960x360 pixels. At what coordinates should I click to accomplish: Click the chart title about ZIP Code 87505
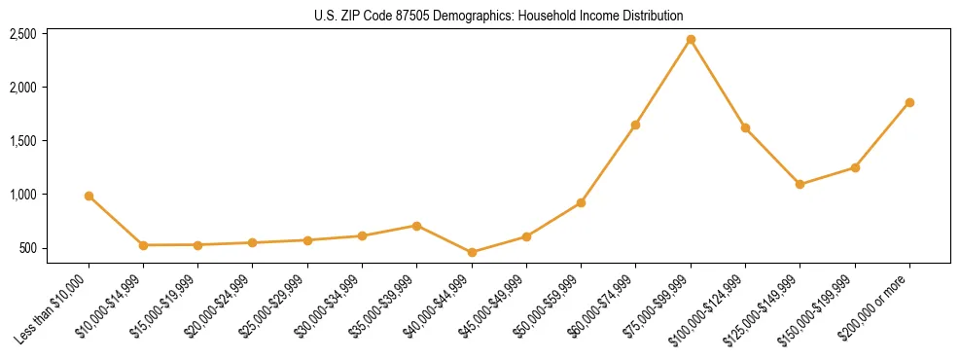coord(499,16)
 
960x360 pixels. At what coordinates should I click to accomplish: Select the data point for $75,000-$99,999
coord(691,40)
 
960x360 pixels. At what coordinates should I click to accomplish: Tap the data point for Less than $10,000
coord(89,196)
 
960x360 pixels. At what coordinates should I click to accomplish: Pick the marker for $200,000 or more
coord(909,102)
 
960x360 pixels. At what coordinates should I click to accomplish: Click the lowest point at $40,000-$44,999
coord(472,252)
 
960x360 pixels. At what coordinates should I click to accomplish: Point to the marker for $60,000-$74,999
coord(636,125)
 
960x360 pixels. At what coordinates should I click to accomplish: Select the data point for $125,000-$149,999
coord(800,184)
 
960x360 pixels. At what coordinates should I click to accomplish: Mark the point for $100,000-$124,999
coord(745,127)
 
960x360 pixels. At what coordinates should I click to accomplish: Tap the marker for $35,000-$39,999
coord(417,226)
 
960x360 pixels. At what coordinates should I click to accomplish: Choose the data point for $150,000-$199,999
coord(855,167)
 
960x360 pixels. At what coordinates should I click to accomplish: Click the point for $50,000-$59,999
coord(581,202)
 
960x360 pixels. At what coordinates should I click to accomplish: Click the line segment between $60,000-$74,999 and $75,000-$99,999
coord(663,83)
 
